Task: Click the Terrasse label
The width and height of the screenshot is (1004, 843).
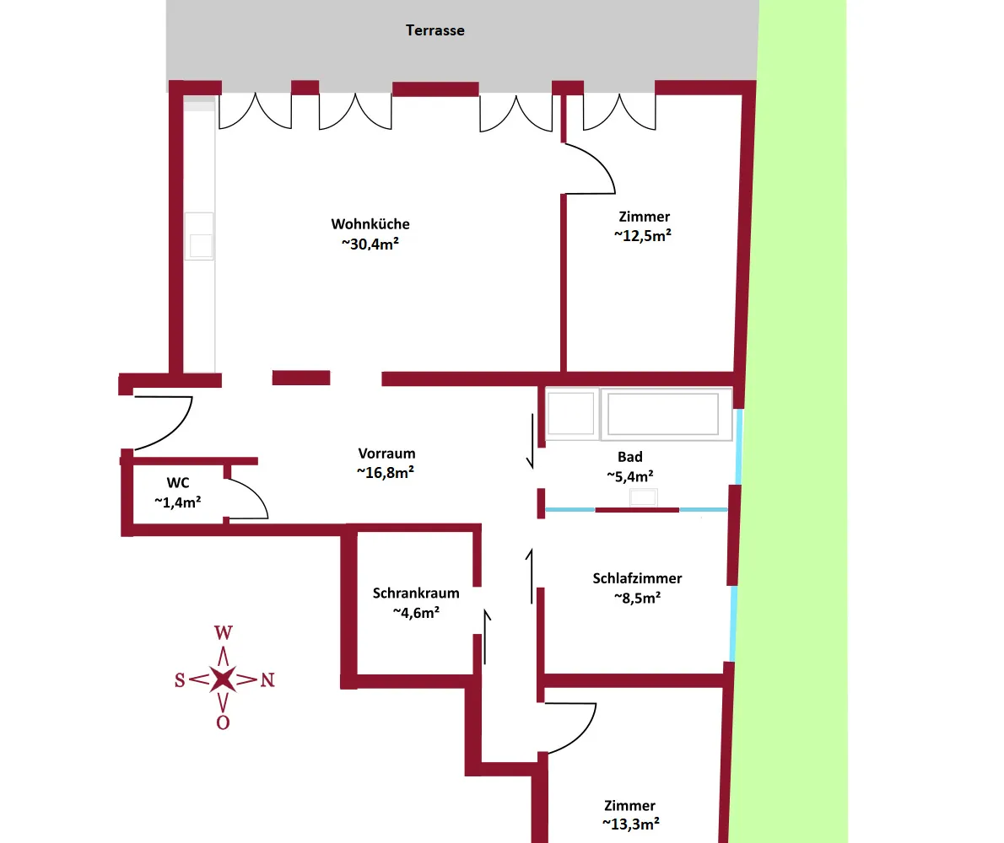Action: pos(435,30)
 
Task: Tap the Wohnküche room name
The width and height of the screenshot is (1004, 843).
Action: pos(370,224)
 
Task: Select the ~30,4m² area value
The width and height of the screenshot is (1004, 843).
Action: pos(370,244)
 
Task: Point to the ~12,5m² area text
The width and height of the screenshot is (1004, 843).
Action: pos(643,235)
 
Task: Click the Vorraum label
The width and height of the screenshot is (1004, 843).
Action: pos(386,454)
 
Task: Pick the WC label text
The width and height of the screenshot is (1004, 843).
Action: pos(178,483)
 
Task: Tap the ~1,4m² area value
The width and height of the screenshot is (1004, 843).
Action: pos(178,502)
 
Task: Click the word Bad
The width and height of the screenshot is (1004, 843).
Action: pos(630,457)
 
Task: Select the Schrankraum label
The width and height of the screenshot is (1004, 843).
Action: pos(416,593)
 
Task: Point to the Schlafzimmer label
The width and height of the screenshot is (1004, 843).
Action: pos(637,578)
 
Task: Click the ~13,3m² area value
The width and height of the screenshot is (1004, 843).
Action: pos(631,824)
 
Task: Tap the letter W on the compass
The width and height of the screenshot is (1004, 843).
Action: pos(224,632)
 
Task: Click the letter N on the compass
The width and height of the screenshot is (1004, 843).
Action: pos(267,680)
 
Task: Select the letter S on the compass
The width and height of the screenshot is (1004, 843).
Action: pos(180,680)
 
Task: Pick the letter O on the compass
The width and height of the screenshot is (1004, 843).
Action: pos(223,722)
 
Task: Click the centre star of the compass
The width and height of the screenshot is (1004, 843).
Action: pos(223,679)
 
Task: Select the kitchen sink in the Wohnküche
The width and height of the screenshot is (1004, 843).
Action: pos(200,237)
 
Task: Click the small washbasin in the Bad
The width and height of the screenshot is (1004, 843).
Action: pos(643,497)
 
